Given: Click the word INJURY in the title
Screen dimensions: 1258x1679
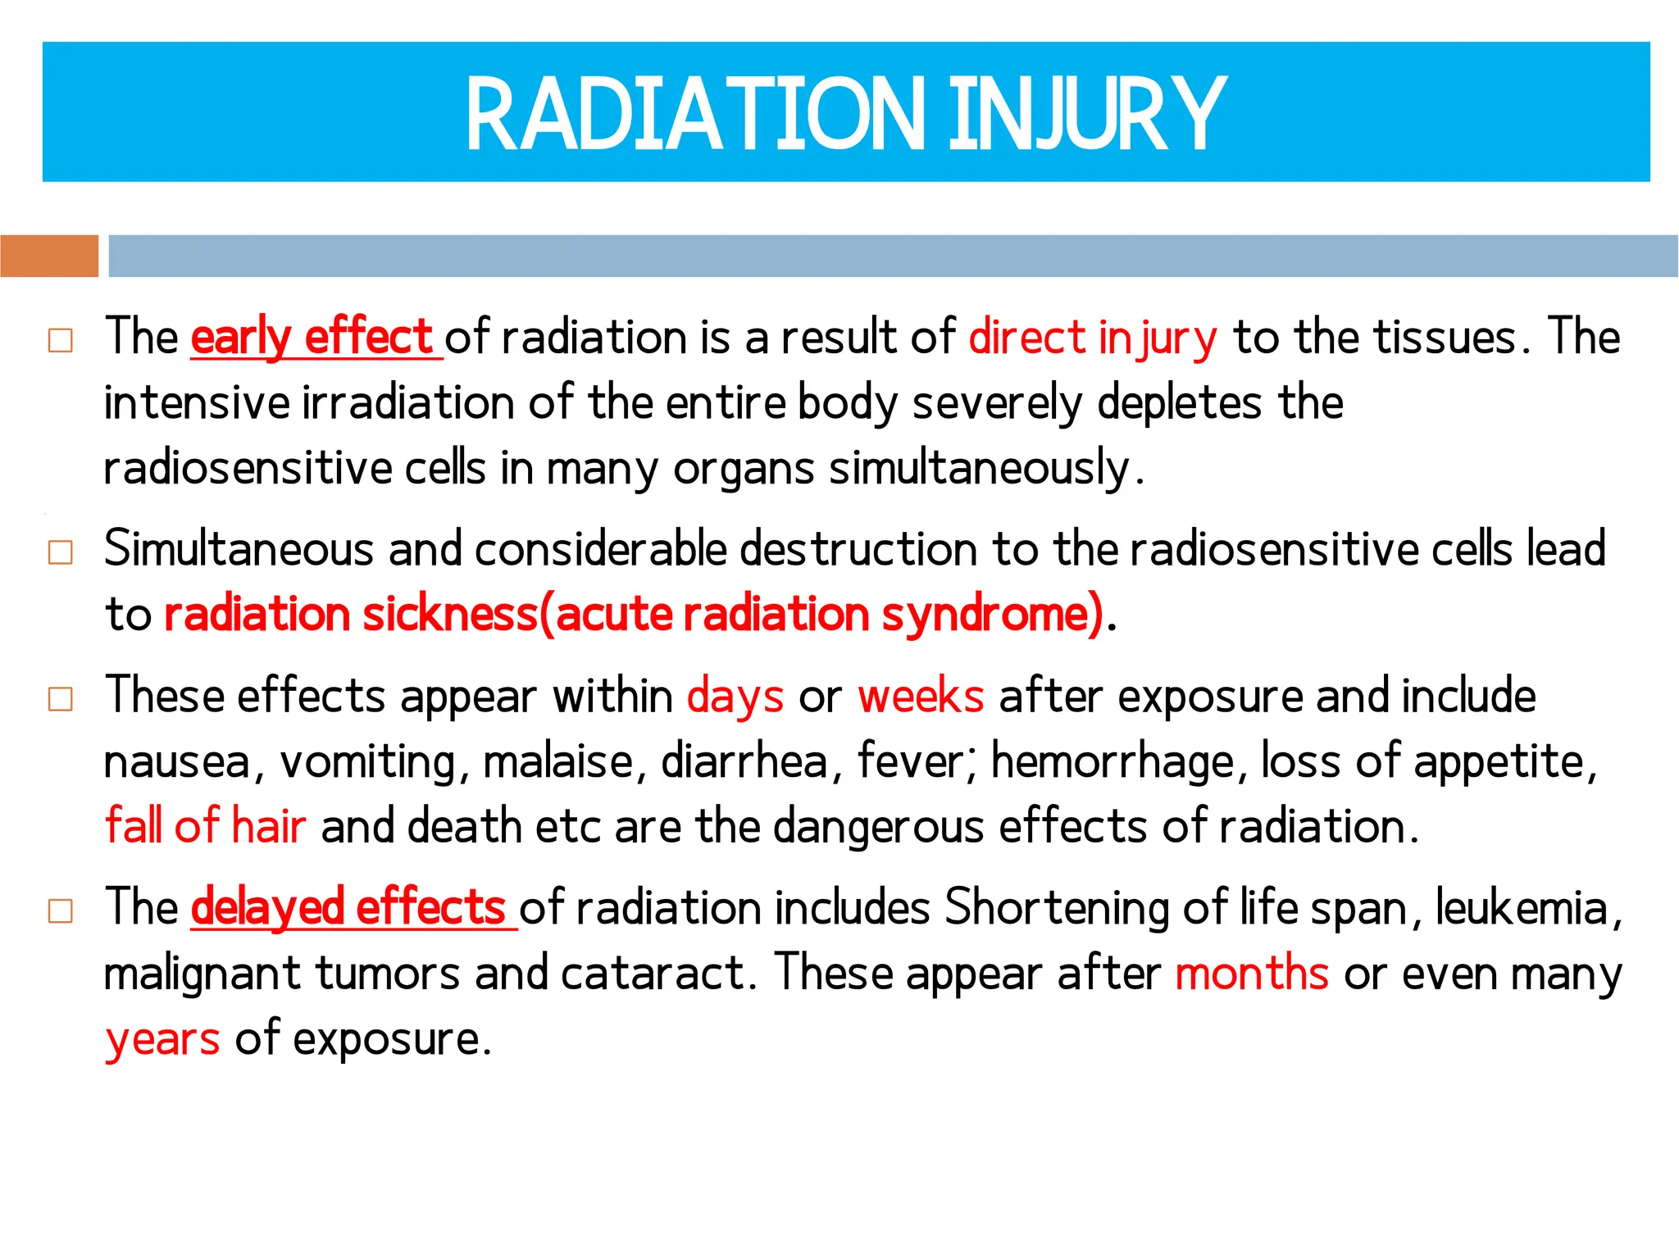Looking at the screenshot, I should [1087, 114].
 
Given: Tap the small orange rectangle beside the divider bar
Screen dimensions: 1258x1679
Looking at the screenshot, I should [49, 256].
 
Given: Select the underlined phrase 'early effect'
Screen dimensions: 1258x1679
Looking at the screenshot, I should [312, 337].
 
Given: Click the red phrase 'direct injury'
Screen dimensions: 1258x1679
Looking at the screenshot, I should [1092, 337].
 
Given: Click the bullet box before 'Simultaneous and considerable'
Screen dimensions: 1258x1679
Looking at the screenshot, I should [61, 552].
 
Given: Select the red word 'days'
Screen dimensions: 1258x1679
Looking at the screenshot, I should [735, 697].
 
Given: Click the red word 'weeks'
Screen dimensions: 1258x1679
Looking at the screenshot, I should [920, 697].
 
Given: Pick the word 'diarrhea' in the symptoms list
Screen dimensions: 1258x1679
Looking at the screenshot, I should [744, 761].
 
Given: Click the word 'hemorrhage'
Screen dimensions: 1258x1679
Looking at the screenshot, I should [1113, 761].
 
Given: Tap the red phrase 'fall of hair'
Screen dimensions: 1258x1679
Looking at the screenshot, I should [206, 826].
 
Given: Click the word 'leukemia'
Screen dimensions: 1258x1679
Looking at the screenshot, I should [1522, 908].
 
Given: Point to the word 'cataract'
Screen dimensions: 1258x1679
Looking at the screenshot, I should [653, 974].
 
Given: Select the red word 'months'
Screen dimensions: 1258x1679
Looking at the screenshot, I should [1251, 974].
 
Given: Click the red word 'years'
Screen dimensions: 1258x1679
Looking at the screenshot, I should [163, 1039].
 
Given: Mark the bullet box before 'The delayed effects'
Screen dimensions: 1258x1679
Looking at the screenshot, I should [61, 911].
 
